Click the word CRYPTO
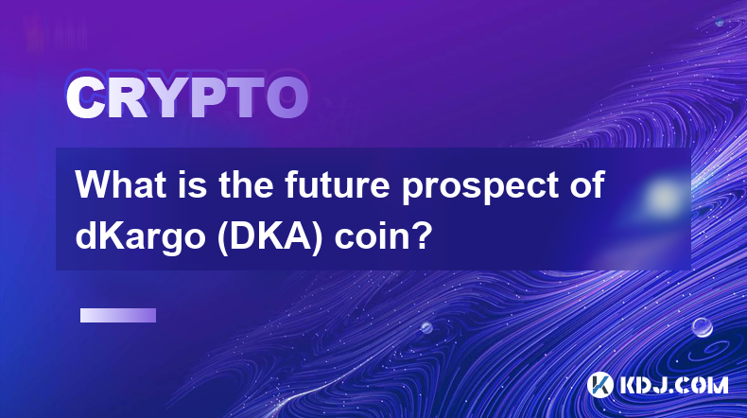click(187, 97)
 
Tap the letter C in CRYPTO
click(85, 97)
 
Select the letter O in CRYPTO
click(287, 97)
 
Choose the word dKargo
click(140, 237)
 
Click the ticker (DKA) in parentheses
click(269, 236)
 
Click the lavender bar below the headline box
click(118, 315)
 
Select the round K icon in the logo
click(600, 385)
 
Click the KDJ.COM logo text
click(673, 385)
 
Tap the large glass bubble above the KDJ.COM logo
click(703, 327)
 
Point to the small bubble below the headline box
click(426, 327)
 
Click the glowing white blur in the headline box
click(662, 197)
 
